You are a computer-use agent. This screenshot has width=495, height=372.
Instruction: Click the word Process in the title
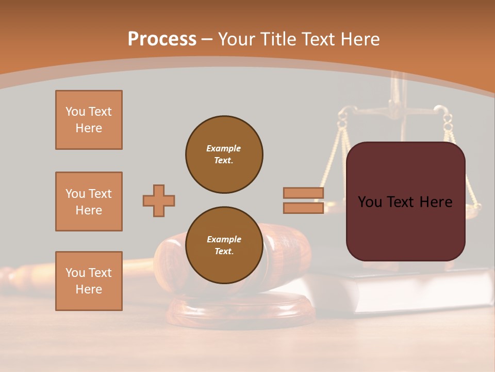[x=162, y=39]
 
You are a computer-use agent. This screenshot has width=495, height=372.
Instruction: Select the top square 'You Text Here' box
[x=89, y=120]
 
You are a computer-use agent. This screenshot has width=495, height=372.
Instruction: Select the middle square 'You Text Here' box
[x=89, y=202]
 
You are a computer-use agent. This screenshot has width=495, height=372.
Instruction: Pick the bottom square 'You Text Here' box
[x=89, y=281]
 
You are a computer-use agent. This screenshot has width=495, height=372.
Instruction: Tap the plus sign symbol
[x=159, y=200]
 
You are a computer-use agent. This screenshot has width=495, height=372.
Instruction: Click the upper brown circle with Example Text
[x=224, y=154]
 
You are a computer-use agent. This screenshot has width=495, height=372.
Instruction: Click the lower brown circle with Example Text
[x=224, y=245]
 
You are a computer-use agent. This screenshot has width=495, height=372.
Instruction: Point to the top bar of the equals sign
[x=304, y=193]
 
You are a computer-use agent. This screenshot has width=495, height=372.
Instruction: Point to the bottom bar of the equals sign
[x=304, y=208]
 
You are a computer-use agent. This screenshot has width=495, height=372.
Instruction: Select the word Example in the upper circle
[x=224, y=148]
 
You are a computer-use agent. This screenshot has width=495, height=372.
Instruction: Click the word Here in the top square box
[x=89, y=128]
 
